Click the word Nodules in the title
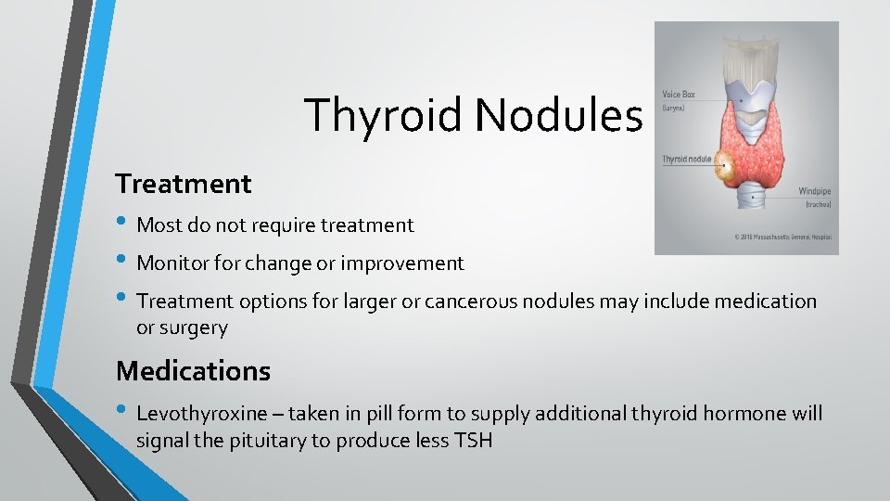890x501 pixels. (x=558, y=116)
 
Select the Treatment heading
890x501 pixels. (x=184, y=184)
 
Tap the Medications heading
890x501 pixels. (x=193, y=371)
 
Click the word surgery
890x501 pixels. (x=194, y=328)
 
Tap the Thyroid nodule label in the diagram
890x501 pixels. (x=687, y=159)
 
